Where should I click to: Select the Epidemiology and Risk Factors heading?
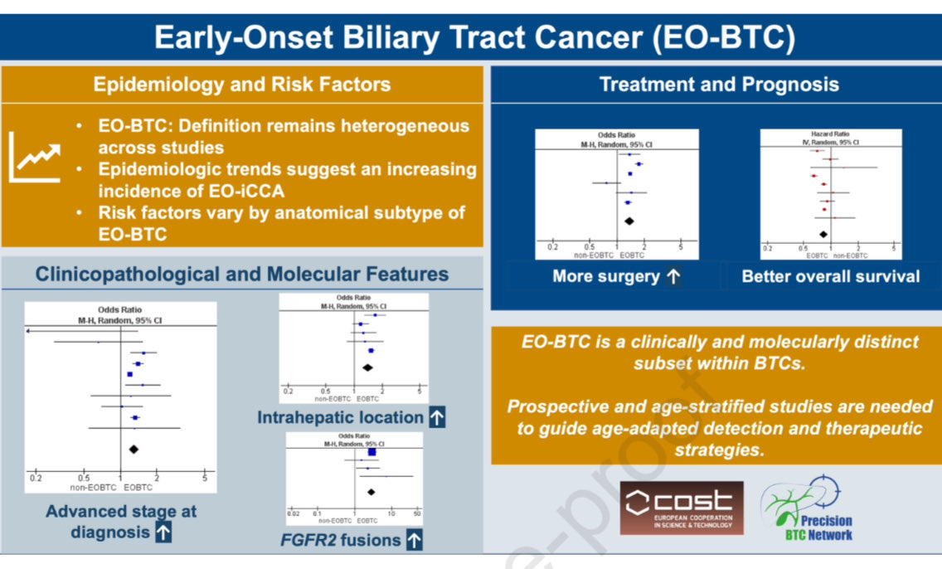click(241, 84)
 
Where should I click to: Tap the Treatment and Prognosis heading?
click(719, 84)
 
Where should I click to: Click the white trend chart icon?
click(35, 157)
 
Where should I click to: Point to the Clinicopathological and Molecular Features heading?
click(241, 274)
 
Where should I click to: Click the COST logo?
click(682, 508)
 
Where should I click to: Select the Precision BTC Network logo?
click(807, 509)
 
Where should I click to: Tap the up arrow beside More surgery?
click(673, 277)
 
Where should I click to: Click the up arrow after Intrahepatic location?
click(437, 417)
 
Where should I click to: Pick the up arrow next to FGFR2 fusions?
click(414, 541)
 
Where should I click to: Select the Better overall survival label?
click(831, 276)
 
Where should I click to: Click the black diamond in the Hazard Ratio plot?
click(823, 235)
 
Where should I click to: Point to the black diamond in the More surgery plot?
click(629, 221)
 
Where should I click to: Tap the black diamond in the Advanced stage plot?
click(133, 449)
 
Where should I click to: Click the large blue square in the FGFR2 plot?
click(371, 452)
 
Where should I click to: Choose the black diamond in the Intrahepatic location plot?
click(368, 367)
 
